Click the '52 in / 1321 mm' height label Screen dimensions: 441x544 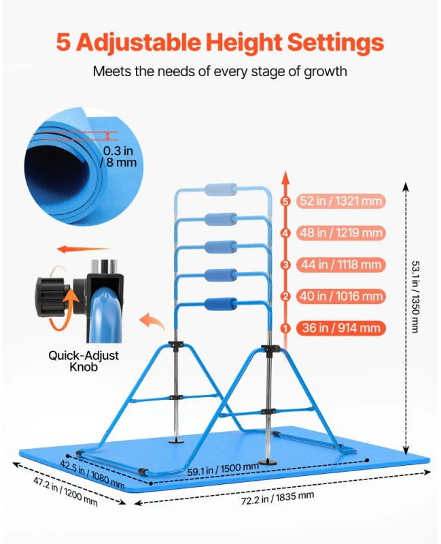pos(341,201)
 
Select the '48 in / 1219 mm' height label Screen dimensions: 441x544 pos(341,233)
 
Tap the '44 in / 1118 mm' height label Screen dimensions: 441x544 pos(341,265)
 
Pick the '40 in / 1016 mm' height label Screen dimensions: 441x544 pos(341,296)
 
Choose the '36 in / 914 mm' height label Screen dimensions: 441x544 pos(341,328)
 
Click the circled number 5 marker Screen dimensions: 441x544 pos(285,201)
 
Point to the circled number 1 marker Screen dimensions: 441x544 pos(285,328)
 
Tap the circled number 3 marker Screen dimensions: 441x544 pos(285,265)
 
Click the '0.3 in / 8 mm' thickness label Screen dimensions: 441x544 pos(118,156)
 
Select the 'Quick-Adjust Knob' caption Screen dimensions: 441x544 pos(83,361)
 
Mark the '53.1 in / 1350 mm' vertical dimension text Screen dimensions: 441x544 pos(415,296)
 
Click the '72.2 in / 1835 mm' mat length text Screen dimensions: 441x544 pos(277,498)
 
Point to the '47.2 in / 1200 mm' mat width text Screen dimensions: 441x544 pos(65,491)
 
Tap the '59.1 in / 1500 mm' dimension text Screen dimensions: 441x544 pos(223,469)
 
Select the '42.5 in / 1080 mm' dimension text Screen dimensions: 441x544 pos(92,474)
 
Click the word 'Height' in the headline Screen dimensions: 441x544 pos(244,42)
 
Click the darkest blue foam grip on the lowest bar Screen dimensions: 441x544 pos(221,304)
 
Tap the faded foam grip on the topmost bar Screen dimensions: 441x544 pos(221,190)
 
